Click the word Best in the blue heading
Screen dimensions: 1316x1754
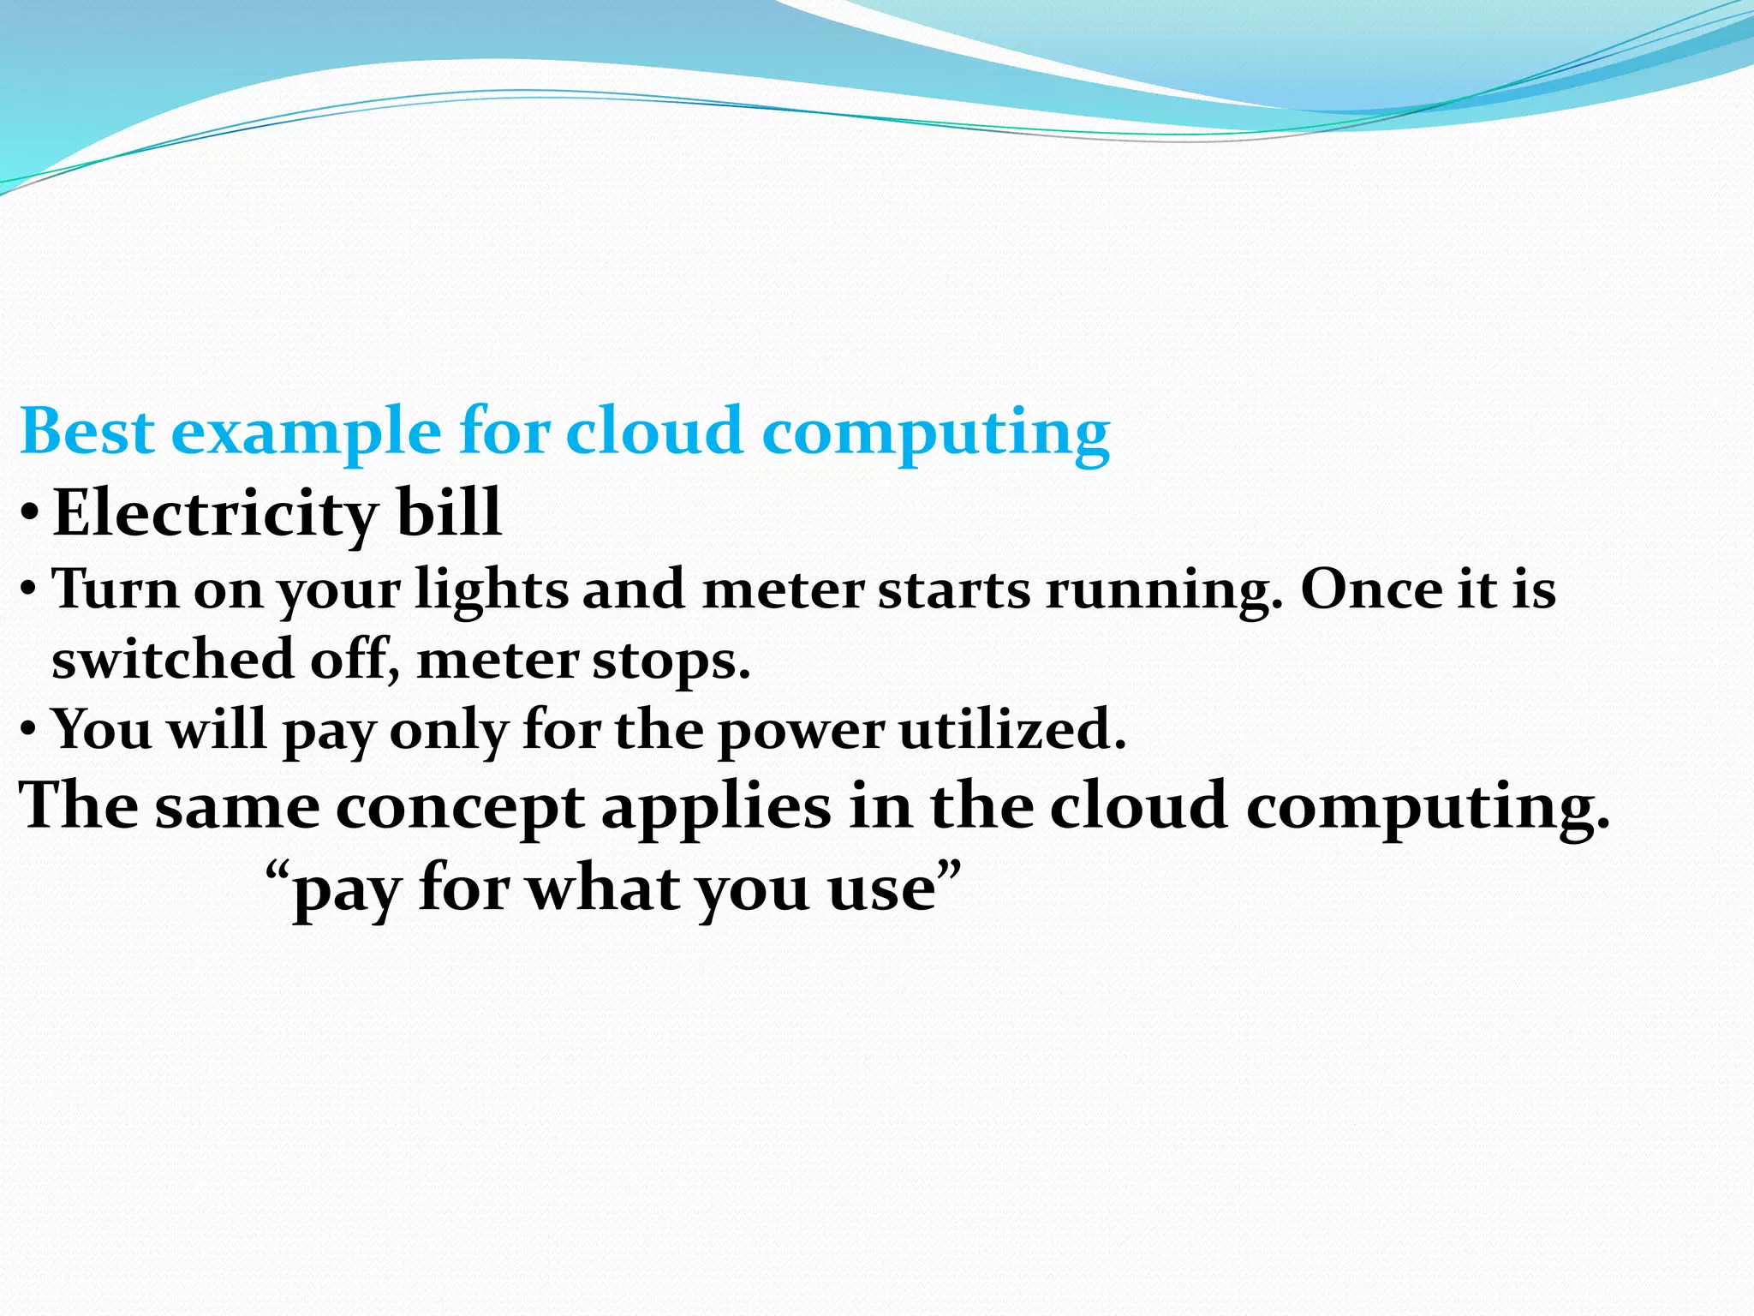(x=87, y=431)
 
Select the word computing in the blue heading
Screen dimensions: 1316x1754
(x=936, y=433)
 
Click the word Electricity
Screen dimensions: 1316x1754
(x=215, y=513)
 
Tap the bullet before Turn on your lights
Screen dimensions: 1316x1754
(x=28, y=590)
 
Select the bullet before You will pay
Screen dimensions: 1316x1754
(x=28, y=730)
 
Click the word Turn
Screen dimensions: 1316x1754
(x=115, y=589)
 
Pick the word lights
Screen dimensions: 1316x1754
(x=491, y=591)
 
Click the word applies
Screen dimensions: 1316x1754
(x=715, y=809)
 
